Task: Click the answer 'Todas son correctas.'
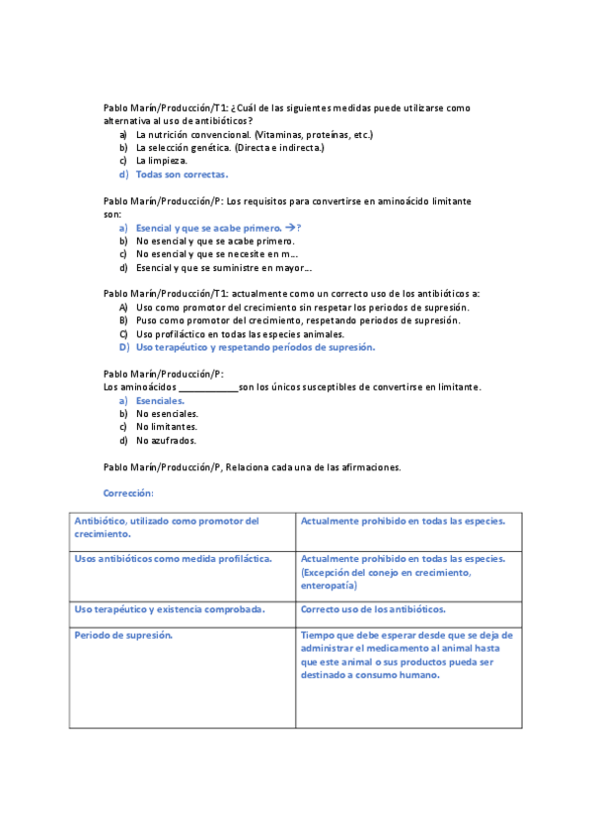182,174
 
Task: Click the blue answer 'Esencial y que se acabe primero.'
208,228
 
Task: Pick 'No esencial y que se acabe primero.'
214,241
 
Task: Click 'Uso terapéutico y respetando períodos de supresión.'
255,347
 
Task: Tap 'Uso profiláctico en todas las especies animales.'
240,334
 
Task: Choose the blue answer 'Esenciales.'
160,401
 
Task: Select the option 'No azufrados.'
166,441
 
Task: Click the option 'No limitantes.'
167,427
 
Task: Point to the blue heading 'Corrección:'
128,493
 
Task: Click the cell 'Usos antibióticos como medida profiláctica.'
173,558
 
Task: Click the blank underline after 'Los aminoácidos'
208,387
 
